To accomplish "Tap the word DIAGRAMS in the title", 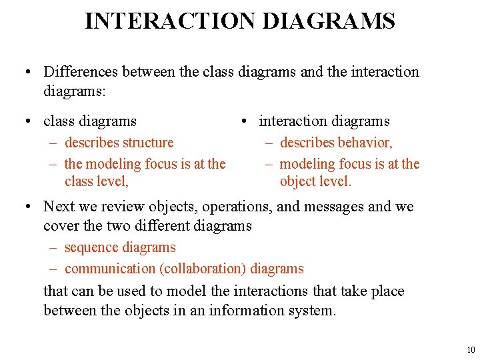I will (x=329, y=21).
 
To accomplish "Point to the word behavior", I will (x=365, y=142).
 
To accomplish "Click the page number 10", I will (x=471, y=350).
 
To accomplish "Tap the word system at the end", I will (x=313, y=310).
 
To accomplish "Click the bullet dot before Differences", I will (x=29, y=72).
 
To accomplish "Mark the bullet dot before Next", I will (x=29, y=207).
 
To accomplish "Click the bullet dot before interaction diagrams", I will (x=245, y=121).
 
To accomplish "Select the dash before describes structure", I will (x=53, y=143).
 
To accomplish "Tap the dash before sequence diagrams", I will (x=53, y=248).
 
